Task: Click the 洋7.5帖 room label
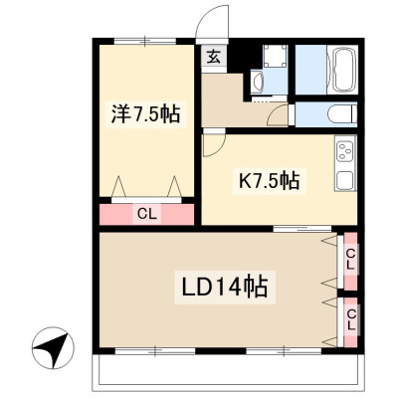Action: (145, 113)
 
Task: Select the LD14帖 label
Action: (225, 287)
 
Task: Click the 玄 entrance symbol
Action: (214, 57)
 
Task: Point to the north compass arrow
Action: (53, 347)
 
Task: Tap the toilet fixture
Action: (342, 114)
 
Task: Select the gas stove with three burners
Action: (345, 152)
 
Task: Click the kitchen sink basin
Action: (345, 180)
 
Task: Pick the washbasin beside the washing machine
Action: (257, 82)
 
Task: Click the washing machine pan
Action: (275, 56)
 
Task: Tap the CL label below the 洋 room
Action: (147, 215)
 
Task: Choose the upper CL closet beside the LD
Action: (351, 262)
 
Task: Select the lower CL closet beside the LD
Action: (351, 322)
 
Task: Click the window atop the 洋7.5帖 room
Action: (145, 41)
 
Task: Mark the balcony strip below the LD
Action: (228, 373)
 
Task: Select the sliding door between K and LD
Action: (302, 229)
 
